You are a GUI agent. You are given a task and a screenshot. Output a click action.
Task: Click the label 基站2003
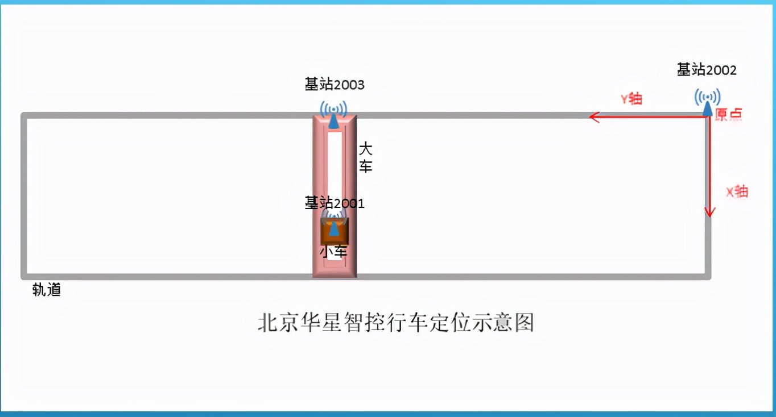coord(335,85)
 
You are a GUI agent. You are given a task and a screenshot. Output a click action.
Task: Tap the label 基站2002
coord(707,70)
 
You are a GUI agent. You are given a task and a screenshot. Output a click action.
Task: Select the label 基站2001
coord(335,203)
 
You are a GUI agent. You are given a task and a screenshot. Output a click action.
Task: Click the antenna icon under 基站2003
coord(333,114)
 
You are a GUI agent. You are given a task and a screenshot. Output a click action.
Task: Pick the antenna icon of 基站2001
coord(334,222)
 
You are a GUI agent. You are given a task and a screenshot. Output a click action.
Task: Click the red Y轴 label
coord(631,98)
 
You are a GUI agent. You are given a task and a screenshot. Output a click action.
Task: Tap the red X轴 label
coord(737,191)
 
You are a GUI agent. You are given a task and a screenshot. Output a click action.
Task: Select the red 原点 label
coord(729,114)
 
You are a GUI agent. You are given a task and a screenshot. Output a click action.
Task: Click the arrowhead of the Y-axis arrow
coord(593,117)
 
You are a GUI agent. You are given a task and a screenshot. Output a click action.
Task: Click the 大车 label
coord(365,159)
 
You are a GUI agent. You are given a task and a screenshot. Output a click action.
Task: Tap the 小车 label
coord(333,252)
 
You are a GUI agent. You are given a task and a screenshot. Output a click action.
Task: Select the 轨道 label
coord(47,290)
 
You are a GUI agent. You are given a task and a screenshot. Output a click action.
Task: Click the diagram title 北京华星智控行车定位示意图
coord(396,322)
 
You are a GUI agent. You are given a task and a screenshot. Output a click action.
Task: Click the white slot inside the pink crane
coord(335,165)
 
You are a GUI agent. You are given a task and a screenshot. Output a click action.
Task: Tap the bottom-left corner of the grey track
coord(24,276)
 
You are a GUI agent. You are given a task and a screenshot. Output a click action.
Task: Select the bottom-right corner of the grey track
coord(708,276)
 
